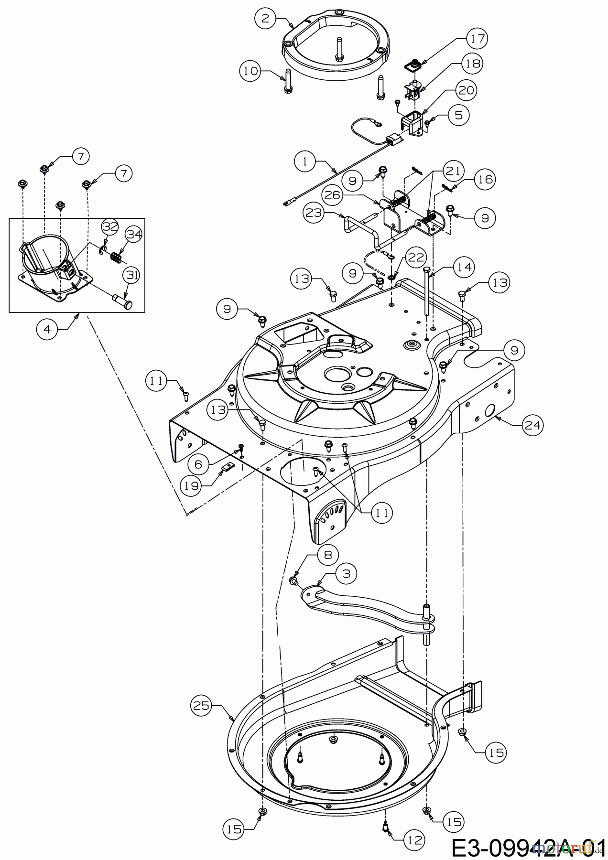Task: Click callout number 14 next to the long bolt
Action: tap(467, 267)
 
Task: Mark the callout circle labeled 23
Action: tap(315, 213)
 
